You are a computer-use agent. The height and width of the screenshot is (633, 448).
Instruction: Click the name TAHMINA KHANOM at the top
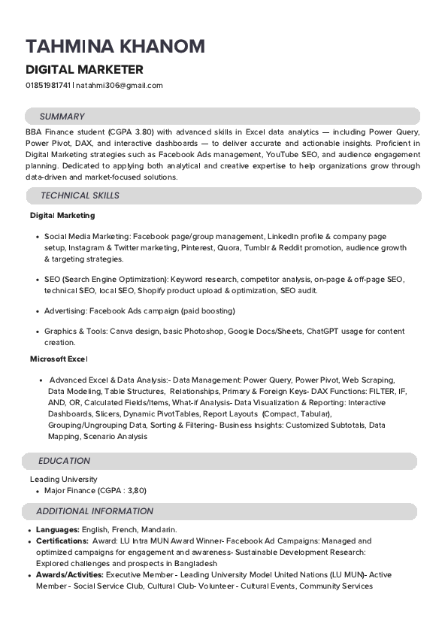(115, 47)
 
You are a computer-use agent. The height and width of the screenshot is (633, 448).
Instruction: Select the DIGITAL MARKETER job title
(84, 70)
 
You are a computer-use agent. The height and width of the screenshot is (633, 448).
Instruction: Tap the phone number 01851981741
(48, 85)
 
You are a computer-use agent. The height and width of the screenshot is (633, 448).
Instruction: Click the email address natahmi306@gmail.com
(120, 85)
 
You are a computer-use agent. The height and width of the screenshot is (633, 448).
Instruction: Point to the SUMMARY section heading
(62, 117)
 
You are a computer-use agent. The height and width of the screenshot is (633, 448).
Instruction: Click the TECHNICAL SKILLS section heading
(80, 195)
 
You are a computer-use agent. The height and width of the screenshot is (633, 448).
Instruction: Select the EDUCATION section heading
(64, 461)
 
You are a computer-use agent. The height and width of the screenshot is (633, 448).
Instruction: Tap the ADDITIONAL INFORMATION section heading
(95, 511)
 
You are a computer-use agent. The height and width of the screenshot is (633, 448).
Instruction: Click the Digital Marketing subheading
(62, 215)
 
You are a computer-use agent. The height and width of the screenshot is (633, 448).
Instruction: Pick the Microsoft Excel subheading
(59, 359)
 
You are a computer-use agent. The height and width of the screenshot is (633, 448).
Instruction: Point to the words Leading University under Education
(63, 479)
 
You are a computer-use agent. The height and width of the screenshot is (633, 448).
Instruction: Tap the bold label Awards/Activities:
(70, 574)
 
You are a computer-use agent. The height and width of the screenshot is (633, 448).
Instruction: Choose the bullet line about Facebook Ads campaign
(140, 310)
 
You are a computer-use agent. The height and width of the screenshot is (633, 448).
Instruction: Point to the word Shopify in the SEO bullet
(156, 290)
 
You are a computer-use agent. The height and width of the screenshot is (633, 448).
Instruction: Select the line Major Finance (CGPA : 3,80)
(95, 490)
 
